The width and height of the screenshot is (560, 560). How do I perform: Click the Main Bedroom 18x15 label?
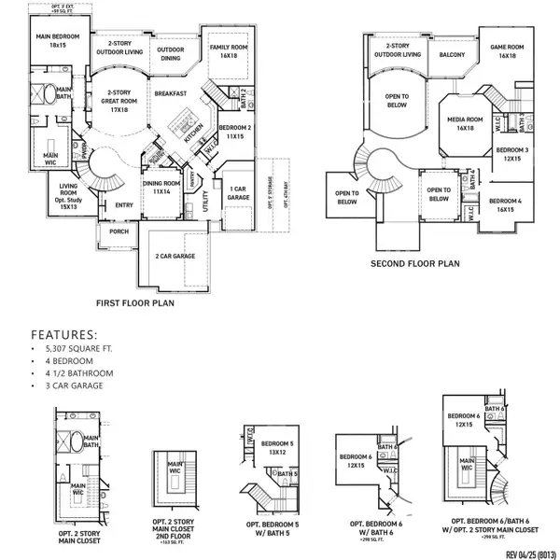[58, 41]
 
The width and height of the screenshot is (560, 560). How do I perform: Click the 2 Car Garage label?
[175, 255]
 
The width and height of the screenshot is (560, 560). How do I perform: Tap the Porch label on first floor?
[119, 231]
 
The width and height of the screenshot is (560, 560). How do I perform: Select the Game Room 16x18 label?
[507, 50]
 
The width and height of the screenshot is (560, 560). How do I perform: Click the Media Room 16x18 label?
[464, 123]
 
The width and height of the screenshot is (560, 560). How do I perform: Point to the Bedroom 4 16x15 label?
[506, 204]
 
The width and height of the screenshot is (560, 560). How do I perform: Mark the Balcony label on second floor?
[452, 55]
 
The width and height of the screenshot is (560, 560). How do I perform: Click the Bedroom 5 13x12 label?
[278, 447]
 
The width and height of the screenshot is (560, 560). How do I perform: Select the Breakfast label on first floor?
[170, 93]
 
